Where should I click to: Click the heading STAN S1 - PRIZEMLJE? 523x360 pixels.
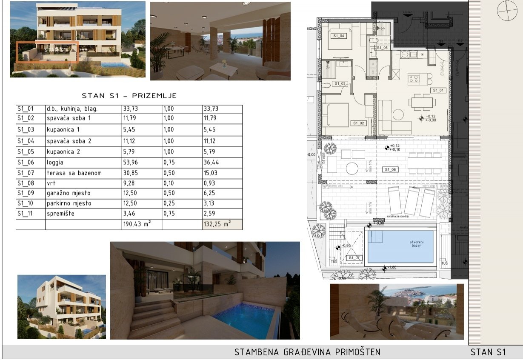point(129,96)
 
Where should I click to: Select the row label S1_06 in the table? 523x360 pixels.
point(25,162)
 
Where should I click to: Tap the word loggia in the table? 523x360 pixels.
point(55,162)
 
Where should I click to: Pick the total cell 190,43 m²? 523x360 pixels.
point(137,224)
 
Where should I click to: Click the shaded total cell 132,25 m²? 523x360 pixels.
point(217,224)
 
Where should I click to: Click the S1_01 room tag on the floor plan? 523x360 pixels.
point(438,90)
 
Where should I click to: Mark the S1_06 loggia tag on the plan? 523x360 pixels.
point(390,170)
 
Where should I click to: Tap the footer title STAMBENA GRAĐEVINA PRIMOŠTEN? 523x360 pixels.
point(307,352)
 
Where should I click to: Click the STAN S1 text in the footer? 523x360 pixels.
point(488,352)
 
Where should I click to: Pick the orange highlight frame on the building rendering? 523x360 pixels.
point(47,52)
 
